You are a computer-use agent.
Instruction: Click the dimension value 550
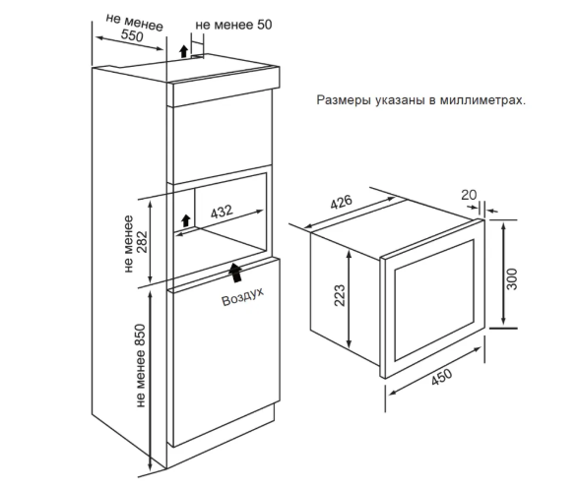pos(132,35)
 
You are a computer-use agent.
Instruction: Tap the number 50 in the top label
pos(264,25)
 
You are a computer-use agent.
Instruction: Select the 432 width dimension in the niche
pos(222,212)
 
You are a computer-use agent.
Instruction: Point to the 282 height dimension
pos(142,242)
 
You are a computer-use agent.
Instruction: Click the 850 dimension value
pos(141,336)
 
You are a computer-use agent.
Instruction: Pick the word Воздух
pos(243,297)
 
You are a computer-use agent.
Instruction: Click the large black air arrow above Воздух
pos(234,273)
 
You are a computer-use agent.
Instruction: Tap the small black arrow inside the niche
pos(186,220)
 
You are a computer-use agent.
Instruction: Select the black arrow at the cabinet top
pos(183,51)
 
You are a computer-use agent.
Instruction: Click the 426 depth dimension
pos(341,202)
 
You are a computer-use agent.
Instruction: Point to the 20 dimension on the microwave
pos(469,195)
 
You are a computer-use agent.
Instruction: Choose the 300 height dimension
pos(512,279)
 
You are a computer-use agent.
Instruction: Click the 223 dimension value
pos(340,295)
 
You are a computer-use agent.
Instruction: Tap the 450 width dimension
pos(441,377)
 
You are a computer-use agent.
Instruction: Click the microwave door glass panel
pos(434,300)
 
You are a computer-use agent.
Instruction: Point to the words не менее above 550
pos(135,23)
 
